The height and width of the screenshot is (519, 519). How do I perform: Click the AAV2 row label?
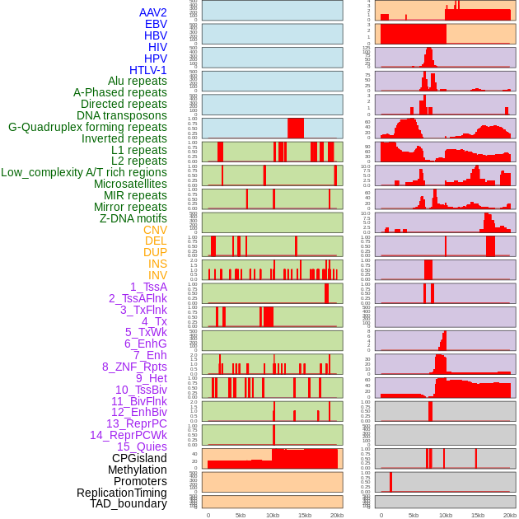click(153, 12)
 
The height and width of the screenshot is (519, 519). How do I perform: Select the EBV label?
click(156, 24)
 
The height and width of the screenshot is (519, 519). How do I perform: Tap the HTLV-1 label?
click(148, 70)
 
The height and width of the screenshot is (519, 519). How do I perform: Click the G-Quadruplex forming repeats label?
click(87, 128)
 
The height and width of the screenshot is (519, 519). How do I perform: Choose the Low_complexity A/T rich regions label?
click(84, 172)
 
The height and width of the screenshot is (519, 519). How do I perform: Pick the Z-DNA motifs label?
click(133, 218)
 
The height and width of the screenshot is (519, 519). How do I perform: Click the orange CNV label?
click(155, 230)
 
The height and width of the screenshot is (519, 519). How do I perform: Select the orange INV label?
click(157, 275)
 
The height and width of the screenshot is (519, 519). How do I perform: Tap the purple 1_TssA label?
click(148, 287)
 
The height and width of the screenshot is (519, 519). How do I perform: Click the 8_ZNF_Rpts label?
click(134, 367)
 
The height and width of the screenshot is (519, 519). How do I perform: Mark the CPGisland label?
click(139, 458)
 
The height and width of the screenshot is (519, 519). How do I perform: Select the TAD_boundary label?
click(129, 503)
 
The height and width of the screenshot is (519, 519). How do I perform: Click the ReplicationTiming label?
click(122, 493)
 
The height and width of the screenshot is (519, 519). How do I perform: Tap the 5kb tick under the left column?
click(241, 515)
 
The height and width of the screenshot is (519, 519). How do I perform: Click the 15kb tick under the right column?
click(477, 515)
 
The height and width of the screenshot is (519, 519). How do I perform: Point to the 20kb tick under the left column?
click(336, 515)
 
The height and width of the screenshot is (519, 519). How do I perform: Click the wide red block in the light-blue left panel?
click(296, 129)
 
